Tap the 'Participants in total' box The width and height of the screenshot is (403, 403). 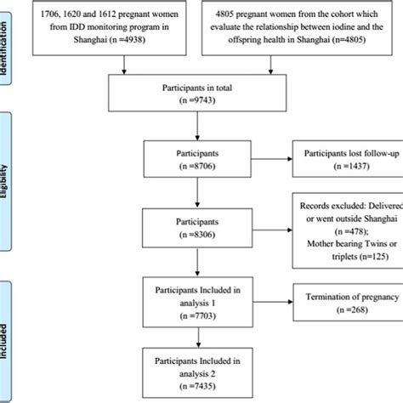(x=196, y=91)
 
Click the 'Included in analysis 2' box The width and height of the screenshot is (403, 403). (x=196, y=373)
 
